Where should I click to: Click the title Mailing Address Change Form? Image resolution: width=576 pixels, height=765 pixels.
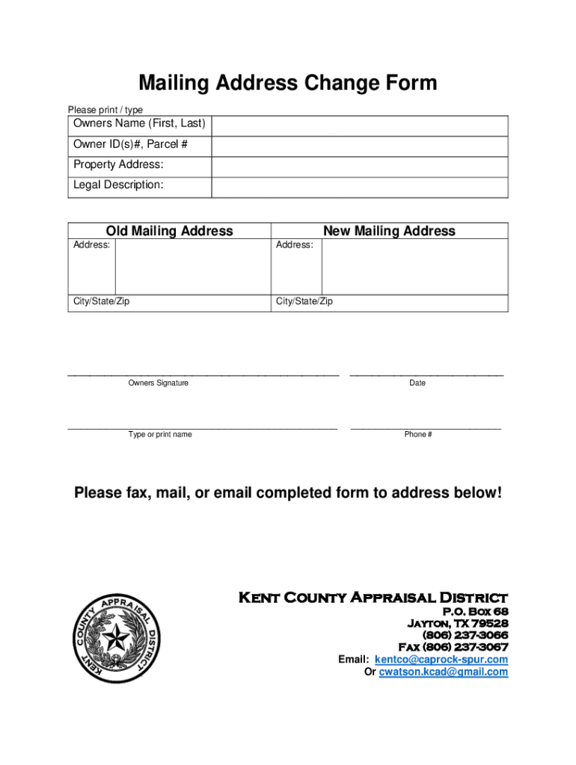(287, 82)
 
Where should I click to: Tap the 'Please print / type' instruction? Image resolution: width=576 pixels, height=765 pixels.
(105, 110)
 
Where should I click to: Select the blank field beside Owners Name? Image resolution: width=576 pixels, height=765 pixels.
(359, 124)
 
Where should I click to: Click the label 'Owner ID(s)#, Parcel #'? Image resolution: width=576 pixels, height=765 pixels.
(130, 144)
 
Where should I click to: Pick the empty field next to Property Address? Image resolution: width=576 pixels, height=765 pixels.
(359, 165)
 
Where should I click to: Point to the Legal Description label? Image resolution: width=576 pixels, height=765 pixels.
(118, 185)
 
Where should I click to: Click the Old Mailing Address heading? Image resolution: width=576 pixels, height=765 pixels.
(169, 231)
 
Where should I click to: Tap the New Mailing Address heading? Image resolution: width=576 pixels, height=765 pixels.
(389, 231)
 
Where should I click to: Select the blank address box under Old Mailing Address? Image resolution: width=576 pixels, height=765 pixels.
(192, 266)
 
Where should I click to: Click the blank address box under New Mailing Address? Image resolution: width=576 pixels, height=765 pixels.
(414, 266)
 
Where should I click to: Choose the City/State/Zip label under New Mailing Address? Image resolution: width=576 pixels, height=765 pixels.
(304, 302)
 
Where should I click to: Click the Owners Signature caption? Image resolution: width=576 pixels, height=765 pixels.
(159, 383)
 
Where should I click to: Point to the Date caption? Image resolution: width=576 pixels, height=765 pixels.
(417, 383)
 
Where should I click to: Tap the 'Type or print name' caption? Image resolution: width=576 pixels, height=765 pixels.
(160, 435)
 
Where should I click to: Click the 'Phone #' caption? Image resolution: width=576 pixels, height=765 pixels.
(418, 435)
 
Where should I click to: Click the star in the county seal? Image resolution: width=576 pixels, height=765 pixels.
(115, 639)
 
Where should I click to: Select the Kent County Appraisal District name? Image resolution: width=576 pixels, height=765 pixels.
(373, 598)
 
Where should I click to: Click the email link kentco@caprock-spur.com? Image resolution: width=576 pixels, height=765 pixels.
(441, 660)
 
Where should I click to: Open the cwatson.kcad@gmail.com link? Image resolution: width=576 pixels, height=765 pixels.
(444, 672)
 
